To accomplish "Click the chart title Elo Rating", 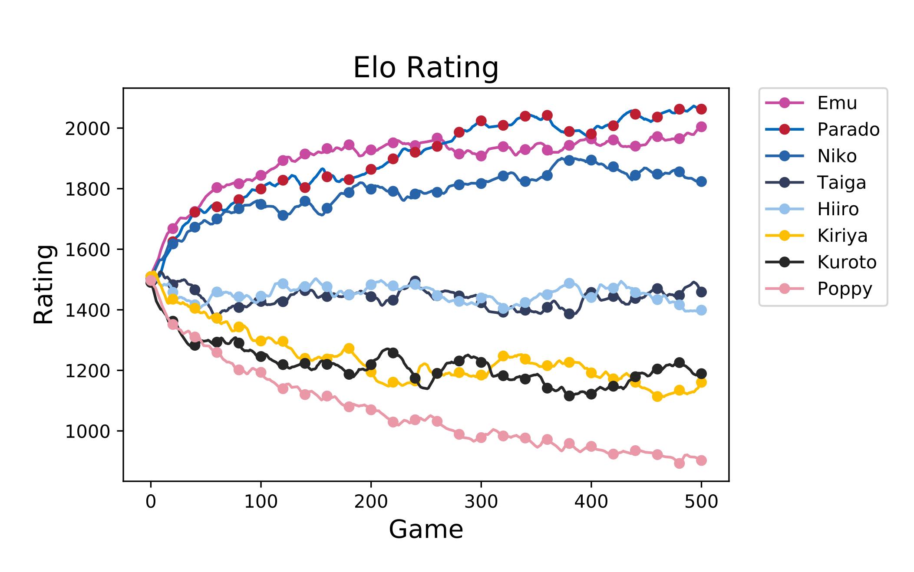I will click(426, 68).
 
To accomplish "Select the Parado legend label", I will click(848, 130).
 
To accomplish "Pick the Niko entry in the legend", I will click(837, 156).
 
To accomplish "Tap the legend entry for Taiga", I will click(841, 183).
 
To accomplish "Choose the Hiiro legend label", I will click(838, 209).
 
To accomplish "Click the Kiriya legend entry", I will click(842, 236).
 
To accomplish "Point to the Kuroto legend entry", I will click(847, 262).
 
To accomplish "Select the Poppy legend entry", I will click(844, 289).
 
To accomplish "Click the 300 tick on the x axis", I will click(481, 502).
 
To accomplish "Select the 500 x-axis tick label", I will click(701, 502).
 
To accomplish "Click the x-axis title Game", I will click(426, 530).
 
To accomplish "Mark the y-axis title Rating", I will click(44, 284).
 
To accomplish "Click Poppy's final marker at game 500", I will click(701, 460).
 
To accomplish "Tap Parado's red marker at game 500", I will click(701, 109).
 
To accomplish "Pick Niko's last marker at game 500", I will click(701, 182).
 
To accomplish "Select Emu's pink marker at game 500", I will click(701, 127).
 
